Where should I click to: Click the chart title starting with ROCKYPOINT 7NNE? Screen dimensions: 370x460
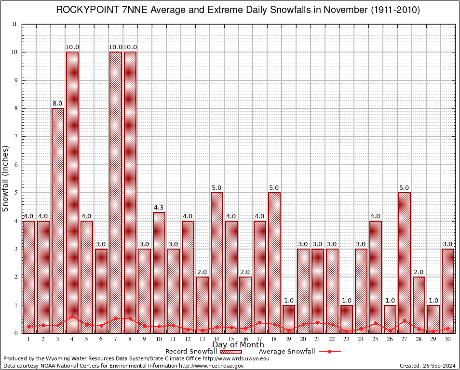(238, 10)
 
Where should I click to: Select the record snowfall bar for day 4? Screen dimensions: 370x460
(72, 193)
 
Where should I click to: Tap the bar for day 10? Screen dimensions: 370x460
(159, 272)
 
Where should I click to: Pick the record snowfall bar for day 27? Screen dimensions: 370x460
(405, 263)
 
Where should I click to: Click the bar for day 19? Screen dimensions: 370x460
(289, 319)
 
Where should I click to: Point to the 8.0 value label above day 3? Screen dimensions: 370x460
(58, 103)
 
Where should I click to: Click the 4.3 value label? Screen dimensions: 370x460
(159, 207)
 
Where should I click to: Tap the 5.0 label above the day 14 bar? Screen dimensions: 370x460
(217, 187)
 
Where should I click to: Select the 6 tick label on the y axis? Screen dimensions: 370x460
(15, 165)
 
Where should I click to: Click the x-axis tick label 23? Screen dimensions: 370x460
(347, 339)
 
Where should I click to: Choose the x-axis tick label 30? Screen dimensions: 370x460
(448, 339)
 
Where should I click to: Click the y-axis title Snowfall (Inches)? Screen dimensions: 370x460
(6, 178)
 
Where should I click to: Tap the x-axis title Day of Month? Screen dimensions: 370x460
(238, 345)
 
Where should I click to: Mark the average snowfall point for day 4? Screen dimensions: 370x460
(72, 317)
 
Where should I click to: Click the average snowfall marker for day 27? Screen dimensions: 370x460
(405, 321)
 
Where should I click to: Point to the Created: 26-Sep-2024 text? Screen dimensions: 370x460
(428, 366)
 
